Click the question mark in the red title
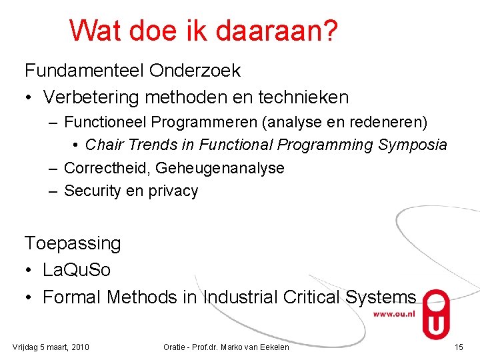(x=328, y=30)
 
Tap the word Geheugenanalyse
(x=221, y=168)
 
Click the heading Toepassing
(x=73, y=243)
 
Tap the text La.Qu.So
(x=77, y=270)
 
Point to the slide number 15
(x=458, y=347)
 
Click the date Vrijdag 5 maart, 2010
(x=51, y=347)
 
